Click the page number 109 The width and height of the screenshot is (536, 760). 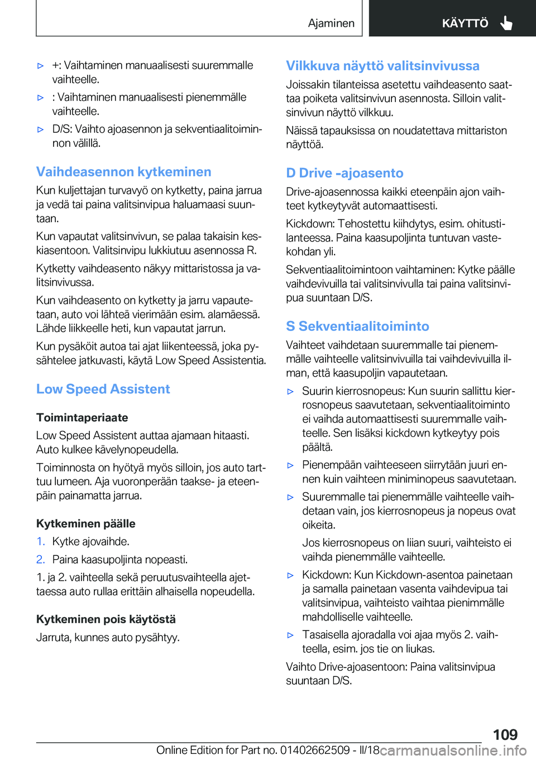[505, 734]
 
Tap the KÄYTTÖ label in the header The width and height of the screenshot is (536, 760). [465, 23]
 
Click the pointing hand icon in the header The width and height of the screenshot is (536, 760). [506, 23]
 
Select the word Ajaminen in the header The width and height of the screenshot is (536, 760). [331, 23]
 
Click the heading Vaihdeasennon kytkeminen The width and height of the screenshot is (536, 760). [123, 172]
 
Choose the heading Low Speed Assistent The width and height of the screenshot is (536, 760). [103, 389]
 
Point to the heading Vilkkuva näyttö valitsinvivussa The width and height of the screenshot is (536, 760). [382, 66]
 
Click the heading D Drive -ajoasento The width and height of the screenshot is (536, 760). [344, 173]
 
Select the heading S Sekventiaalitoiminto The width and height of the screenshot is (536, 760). [357, 326]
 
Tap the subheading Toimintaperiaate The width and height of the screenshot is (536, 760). [82, 417]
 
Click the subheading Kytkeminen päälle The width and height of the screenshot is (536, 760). [85, 523]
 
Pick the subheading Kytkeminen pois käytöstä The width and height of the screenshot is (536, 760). [106, 619]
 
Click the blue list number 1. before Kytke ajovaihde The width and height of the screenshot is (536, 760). [41, 541]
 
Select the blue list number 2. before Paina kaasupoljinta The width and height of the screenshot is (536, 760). [41, 559]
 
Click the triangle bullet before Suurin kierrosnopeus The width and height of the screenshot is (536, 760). [290, 392]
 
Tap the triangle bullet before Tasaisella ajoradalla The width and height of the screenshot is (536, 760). [290, 635]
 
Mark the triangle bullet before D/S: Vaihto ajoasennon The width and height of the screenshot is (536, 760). [40, 129]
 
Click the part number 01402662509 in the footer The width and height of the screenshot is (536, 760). [315, 750]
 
